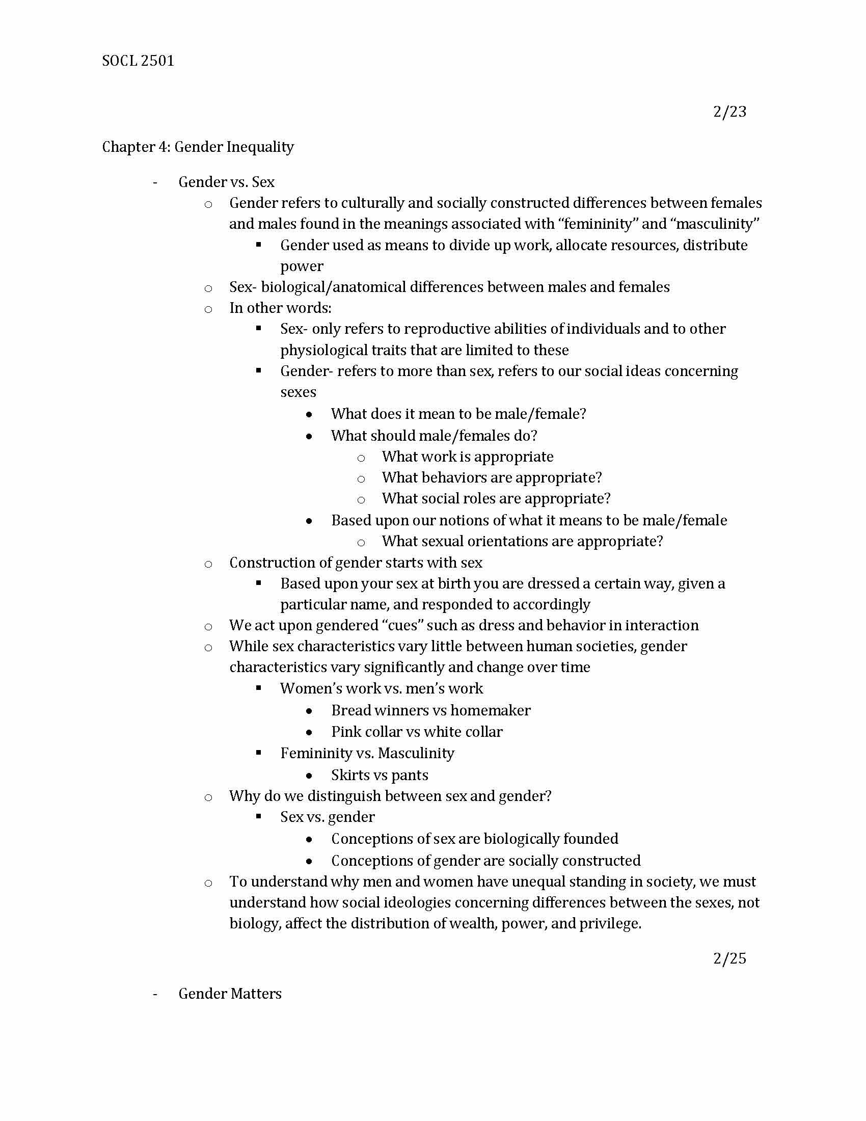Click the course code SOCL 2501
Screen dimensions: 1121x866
(x=138, y=61)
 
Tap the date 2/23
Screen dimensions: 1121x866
(x=729, y=112)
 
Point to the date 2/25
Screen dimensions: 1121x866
(x=729, y=958)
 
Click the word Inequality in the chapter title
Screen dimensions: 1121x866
(x=260, y=147)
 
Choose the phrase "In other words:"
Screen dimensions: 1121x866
(x=280, y=308)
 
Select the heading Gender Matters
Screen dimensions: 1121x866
(x=230, y=994)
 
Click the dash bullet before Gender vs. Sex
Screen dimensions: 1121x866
(x=155, y=183)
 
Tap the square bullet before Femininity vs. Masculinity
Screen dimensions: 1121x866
(x=259, y=753)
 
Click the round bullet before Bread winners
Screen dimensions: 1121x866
(x=309, y=711)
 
